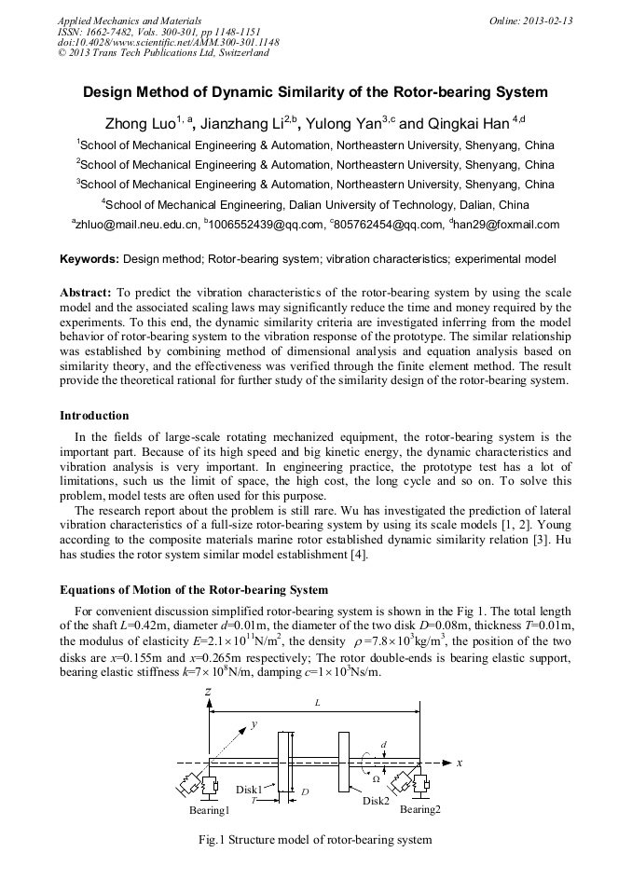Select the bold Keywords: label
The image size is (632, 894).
[x=89, y=258]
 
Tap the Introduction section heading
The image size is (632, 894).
[x=94, y=415]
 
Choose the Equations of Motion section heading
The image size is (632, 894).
[x=194, y=589]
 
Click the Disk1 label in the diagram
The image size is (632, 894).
[x=249, y=790]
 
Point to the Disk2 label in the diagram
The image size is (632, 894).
[x=376, y=801]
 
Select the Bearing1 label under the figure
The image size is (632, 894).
[x=209, y=811]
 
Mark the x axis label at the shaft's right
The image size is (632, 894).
[x=460, y=762]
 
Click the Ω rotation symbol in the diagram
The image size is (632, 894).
[x=376, y=778]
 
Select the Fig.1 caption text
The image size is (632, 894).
[x=315, y=840]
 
